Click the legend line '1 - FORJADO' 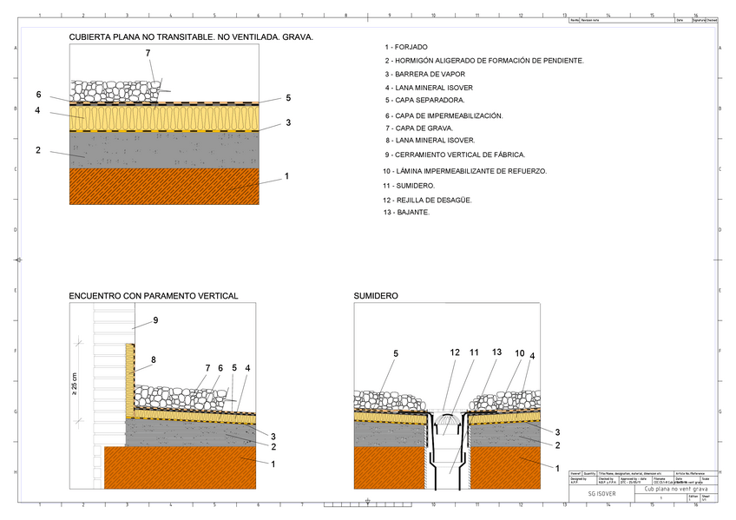coord(405,47)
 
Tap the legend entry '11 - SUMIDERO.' coord(409,186)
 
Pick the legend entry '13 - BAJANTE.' coord(406,213)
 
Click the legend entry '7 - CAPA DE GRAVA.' coord(418,128)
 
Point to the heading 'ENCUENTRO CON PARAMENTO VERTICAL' coord(154,296)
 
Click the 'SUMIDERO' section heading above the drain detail coord(376,296)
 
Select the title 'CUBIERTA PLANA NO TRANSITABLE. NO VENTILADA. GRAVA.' coord(191,38)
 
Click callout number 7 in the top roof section coord(148,53)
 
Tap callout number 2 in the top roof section coord(38,150)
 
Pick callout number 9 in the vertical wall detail coord(155,320)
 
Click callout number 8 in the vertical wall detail coord(153,359)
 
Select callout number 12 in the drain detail coord(455,352)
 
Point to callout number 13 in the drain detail coord(496,352)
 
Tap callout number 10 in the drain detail coord(519,353)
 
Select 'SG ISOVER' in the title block coord(602,492)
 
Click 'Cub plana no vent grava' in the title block coord(676,489)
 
